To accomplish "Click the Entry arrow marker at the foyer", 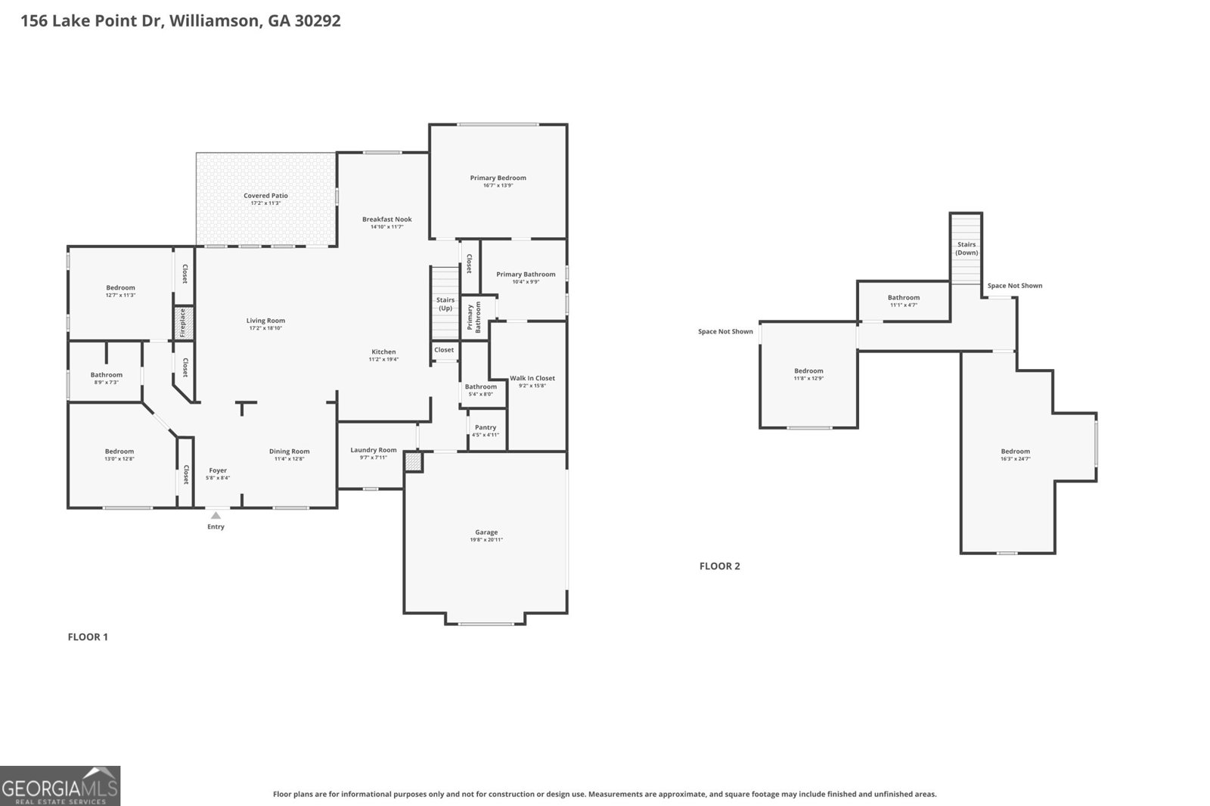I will (x=216, y=516).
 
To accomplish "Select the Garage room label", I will (x=486, y=532).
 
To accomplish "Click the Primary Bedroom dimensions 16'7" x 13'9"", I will (x=498, y=185).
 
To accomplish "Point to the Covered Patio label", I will (x=265, y=196).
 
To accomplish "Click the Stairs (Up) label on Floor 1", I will (x=445, y=304).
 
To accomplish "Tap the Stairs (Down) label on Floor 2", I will (x=966, y=248).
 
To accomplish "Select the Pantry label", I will (x=486, y=428).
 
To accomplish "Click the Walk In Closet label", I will (x=532, y=378).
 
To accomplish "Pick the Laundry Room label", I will (x=374, y=451).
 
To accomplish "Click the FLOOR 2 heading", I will (x=719, y=566).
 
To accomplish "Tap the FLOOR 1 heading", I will (x=88, y=637).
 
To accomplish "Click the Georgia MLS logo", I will (x=60, y=786).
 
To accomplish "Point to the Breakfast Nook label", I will (x=387, y=219).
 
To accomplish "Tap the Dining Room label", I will (x=290, y=451).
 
